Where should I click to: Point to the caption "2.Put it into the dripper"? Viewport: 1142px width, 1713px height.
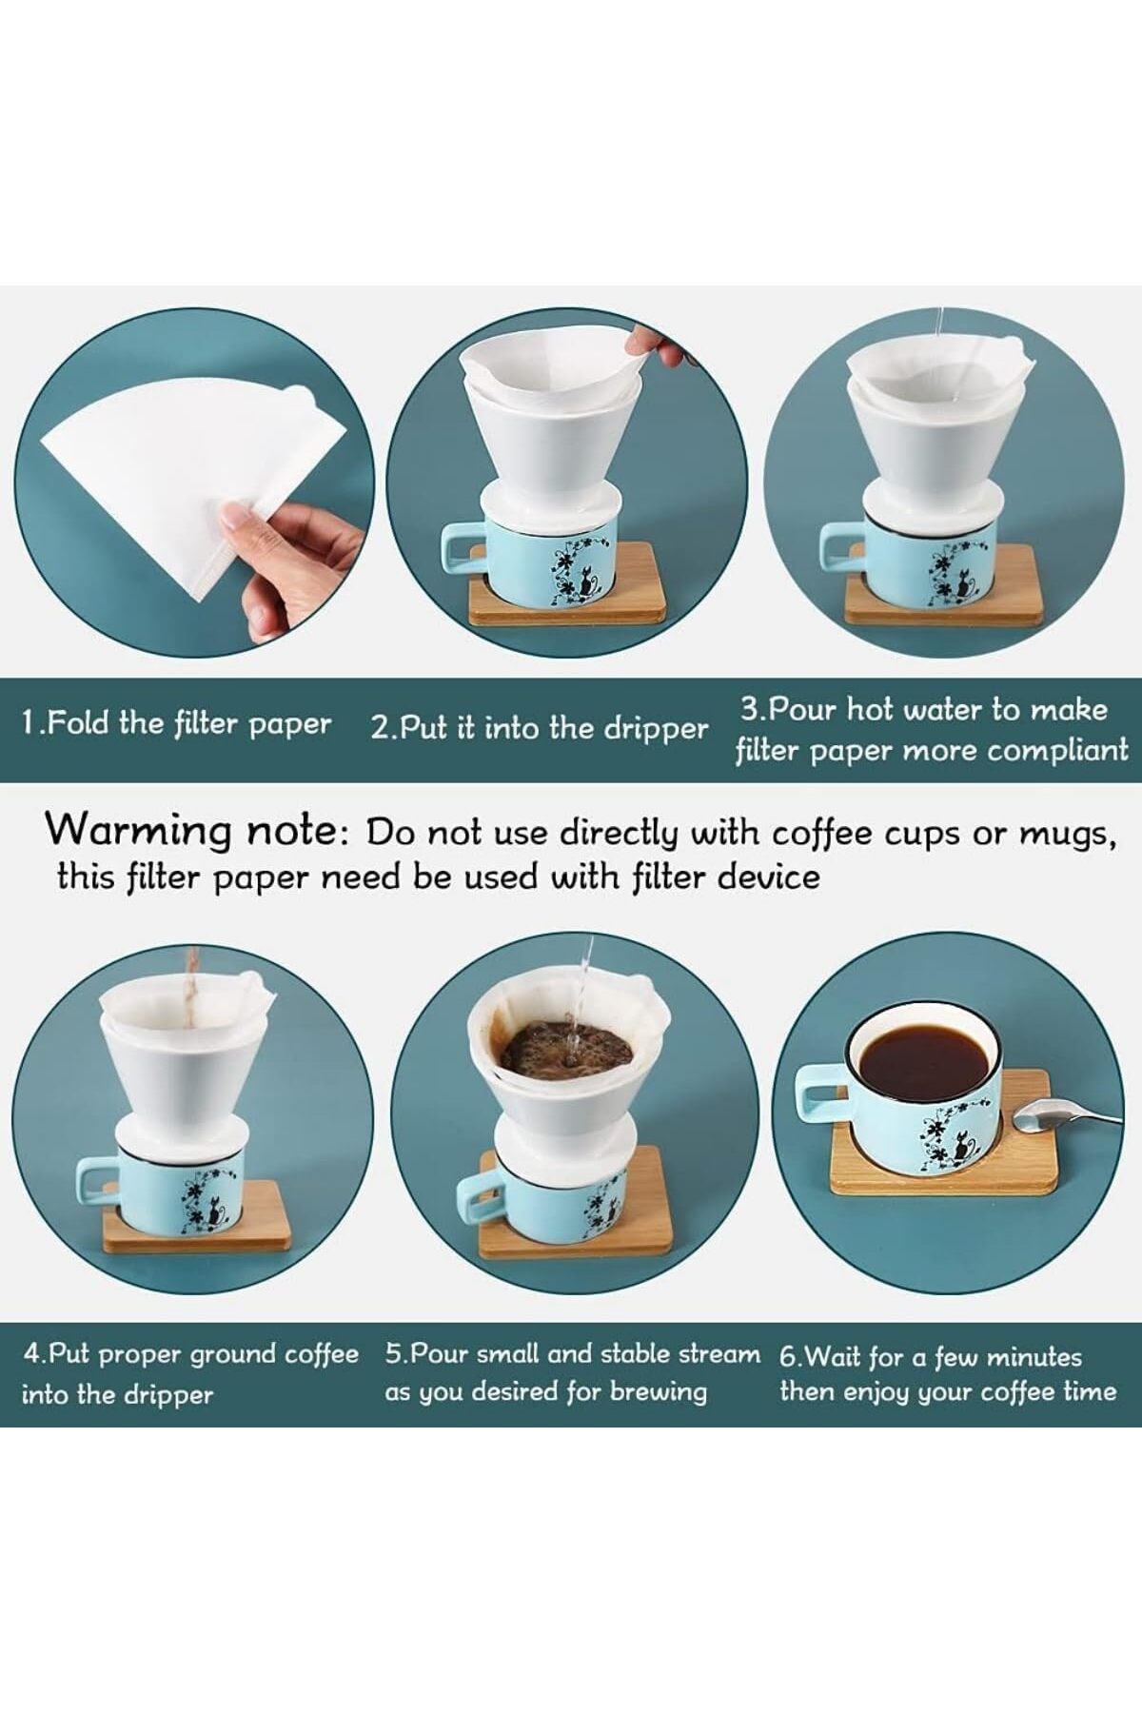click(x=540, y=729)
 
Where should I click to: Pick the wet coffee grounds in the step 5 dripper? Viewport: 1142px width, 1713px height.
click(x=566, y=1047)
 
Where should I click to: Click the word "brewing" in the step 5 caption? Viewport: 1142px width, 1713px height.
click(x=659, y=1393)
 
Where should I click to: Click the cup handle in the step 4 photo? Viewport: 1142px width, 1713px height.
click(x=98, y=1193)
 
